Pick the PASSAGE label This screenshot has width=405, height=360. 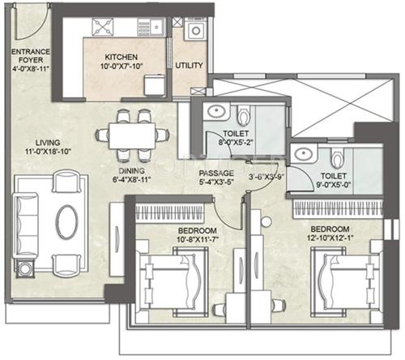pyautogui.click(x=217, y=174)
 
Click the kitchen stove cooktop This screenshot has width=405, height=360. pyautogui.click(x=104, y=28)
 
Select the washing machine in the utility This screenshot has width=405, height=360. pyautogui.click(x=195, y=31)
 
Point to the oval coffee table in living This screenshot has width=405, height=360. pyautogui.click(x=66, y=219)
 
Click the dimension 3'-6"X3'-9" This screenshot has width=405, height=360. pyautogui.click(x=265, y=174)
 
